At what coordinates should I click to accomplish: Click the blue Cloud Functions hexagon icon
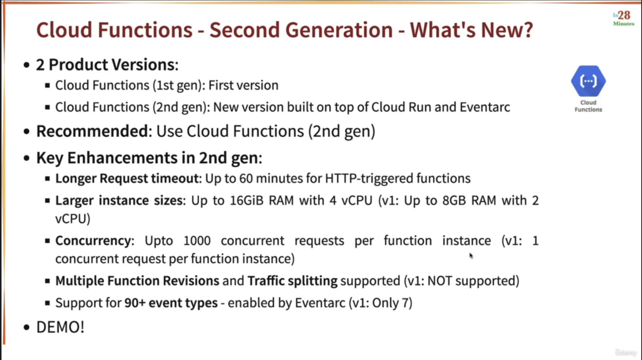point(588,81)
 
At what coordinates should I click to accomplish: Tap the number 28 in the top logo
point(624,15)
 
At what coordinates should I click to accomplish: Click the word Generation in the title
point(339,30)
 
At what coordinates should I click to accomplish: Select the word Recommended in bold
point(92,131)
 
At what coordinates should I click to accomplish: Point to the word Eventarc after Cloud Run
point(485,107)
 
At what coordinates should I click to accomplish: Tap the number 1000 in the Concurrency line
point(197,241)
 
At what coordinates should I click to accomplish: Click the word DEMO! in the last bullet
point(61,327)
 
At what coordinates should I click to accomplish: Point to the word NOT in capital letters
point(440,281)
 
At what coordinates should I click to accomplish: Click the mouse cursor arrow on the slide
point(471,256)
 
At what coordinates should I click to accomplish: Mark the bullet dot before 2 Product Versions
point(27,65)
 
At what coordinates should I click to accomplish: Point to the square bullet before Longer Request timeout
point(47,179)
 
